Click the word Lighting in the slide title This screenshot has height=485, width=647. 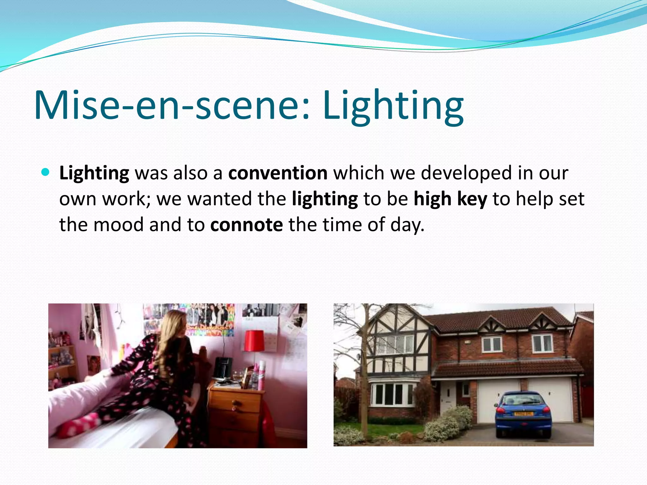[393, 105]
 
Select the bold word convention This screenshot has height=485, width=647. [278, 173]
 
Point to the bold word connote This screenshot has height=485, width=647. [246, 225]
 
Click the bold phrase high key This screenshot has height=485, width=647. [450, 199]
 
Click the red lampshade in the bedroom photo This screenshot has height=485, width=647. [255, 340]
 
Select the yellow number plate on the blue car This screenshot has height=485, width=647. [523, 414]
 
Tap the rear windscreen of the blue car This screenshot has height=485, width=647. [523, 400]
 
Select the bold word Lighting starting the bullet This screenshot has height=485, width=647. [94, 173]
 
